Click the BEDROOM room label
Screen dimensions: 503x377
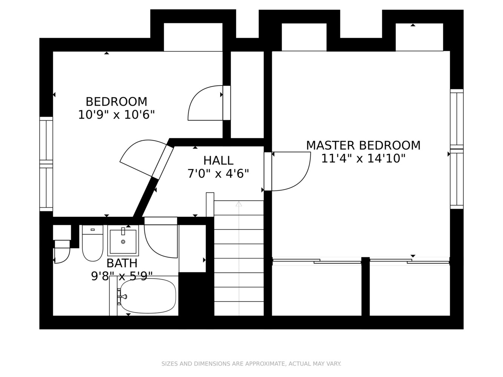pyautogui.click(x=117, y=102)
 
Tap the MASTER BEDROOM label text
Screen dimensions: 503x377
pyautogui.click(x=363, y=146)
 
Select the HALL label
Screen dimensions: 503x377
pyautogui.click(x=218, y=161)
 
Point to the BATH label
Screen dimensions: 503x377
pyautogui.click(x=122, y=263)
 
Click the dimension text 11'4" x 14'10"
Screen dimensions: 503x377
pyautogui.click(x=363, y=158)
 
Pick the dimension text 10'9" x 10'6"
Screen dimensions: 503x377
pyautogui.click(x=117, y=115)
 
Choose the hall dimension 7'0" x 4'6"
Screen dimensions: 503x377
pyautogui.click(x=218, y=173)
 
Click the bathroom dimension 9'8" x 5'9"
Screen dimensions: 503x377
pyautogui.click(x=122, y=276)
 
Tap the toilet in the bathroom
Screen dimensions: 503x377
pyautogui.click(x=92, y=243)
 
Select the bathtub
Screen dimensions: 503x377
pyautogui.click(x=148, y=296)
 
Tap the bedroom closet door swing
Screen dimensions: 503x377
pyautogui.click(x=192, y=98)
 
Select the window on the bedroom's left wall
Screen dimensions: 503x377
pyautogui.click(x=46, y=164)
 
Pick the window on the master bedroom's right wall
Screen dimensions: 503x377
pyautogui.click(x=457, y=149)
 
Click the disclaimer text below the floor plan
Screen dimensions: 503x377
pyautogui.click(x=251, y=364)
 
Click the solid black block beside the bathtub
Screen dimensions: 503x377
pyautogui.click(x=196, y=294)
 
